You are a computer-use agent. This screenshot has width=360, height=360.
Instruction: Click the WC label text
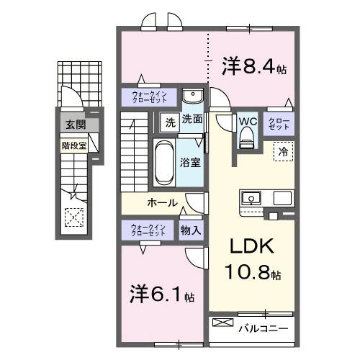pyautogui.click(x=247, y=120)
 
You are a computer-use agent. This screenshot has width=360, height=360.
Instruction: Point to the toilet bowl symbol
pyautogui.click(x=248, y=137)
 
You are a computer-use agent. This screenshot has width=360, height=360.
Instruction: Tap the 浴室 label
pyautogui.click(x=191, y=163)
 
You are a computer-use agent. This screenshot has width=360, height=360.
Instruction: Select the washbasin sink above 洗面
pyautogui.click(x=191, y=98)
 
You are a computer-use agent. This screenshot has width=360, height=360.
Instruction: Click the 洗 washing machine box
pyautogui.click(x=168, y=122)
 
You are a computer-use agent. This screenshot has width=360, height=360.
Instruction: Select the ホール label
pyautogui.click(x=162, y=202)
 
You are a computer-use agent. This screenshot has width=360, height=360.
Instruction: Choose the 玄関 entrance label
pyautogui.click(x=75, y=125)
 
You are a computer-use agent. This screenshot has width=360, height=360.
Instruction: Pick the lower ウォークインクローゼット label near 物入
pyautogui.click(x=148, y=230)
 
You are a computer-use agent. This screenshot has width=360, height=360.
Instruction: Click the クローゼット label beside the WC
pyautogui.click(x=279, y=123)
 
